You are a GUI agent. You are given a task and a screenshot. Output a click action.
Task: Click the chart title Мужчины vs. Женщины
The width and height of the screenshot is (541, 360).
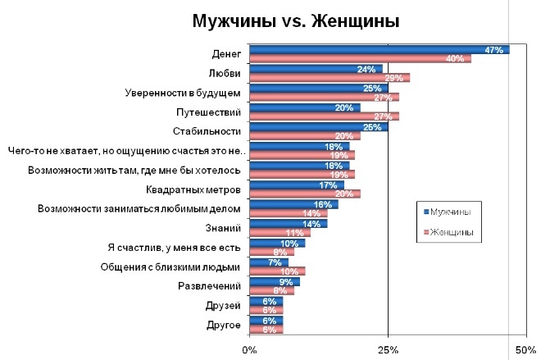point(296,21)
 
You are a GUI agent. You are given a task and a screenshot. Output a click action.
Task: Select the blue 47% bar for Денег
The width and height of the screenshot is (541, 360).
point(379,49)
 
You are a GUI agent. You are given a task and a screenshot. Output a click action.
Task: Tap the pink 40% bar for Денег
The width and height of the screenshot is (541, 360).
point(360,58)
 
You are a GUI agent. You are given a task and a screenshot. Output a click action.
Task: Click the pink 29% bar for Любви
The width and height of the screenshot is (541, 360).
point(329,78)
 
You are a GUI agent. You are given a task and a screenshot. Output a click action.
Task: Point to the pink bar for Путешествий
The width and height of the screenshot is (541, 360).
point(324,116)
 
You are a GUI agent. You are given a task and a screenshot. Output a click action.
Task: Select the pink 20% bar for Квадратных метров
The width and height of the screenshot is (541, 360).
point(304,194)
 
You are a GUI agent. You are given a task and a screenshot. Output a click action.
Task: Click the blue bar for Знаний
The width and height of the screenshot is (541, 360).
point(288,223)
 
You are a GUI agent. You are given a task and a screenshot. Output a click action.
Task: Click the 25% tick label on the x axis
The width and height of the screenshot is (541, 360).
point(388,351)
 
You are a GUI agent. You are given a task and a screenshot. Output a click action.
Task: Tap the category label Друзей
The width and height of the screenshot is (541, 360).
point(225,306)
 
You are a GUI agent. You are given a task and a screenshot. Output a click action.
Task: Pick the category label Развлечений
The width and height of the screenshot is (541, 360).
point(209,286)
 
